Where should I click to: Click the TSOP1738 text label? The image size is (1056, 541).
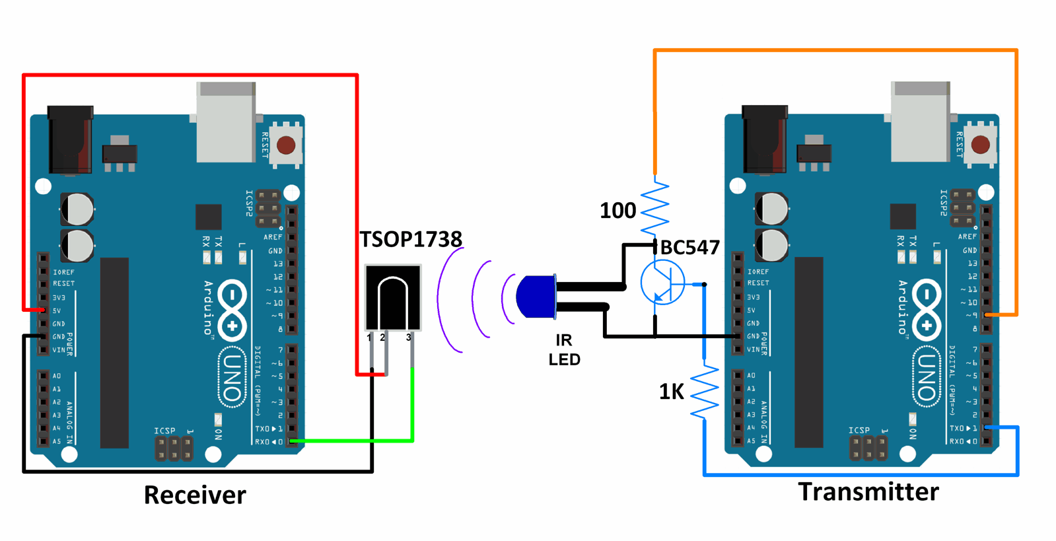410,238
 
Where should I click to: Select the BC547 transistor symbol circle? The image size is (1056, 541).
662,282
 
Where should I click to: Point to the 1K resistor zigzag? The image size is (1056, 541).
704,391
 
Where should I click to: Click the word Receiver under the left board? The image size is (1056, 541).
195,495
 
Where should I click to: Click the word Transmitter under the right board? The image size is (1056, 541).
868,491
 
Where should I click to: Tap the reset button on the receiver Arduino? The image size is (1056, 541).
286,145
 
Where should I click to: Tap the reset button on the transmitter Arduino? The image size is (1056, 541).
981,145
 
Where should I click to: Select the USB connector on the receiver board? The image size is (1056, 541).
226,122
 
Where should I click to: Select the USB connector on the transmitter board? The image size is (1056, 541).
920,122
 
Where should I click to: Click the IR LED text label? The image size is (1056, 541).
564,349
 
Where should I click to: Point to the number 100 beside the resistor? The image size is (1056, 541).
617,211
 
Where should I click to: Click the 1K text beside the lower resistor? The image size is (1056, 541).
671,392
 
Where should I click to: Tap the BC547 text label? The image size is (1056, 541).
689,247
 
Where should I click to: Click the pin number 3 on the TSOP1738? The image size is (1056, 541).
409,338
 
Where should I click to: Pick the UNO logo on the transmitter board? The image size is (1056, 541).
927,377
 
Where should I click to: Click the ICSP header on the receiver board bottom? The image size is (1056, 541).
174,447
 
